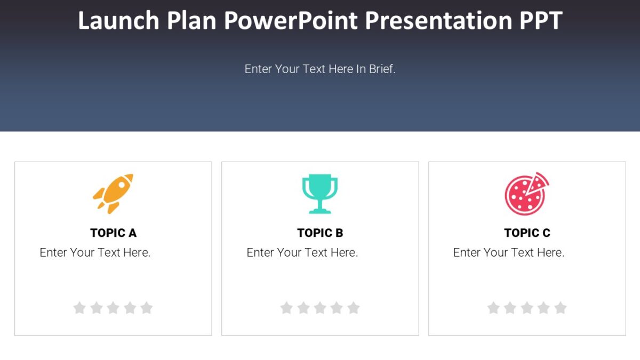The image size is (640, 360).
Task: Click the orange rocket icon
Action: pyautogui.click(x=113, y=193)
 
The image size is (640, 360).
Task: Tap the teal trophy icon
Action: pyautogui.click(x=320, y=193)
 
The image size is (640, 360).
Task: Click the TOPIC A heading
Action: pyautogui.click(x=113, y=233)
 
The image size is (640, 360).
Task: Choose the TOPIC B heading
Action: pyautogui.click(x=320, y=233)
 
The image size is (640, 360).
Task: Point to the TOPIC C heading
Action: pyautogui.click(x=527, y=233)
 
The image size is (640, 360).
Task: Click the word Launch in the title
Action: pyautogui.click(x=118, y=20)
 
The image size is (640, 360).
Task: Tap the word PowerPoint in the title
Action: pyautogui.click(x=291, y=20)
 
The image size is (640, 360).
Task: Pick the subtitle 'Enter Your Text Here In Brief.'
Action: pyautogui.click(x=320, y=69)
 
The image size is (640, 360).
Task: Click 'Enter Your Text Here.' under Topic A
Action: pyautogui.click(x=95, y=253)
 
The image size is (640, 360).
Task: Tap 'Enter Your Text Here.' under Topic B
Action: pyautogui.click(x=302, y=253)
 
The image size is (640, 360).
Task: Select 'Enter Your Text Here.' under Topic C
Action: pyautogui.click(x=508, y=253)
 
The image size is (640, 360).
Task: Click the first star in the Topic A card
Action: pyautogui.click(x=79, y=308)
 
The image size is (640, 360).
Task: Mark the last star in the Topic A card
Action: pyautogui.click(x=147, y=308)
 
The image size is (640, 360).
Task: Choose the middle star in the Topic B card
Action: pyautogui.click(x=320, y=308)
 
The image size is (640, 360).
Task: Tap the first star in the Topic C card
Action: pyautogui.click(x=493, y=308)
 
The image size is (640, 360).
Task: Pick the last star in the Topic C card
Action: pyautogui.click(x=561, y=308)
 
